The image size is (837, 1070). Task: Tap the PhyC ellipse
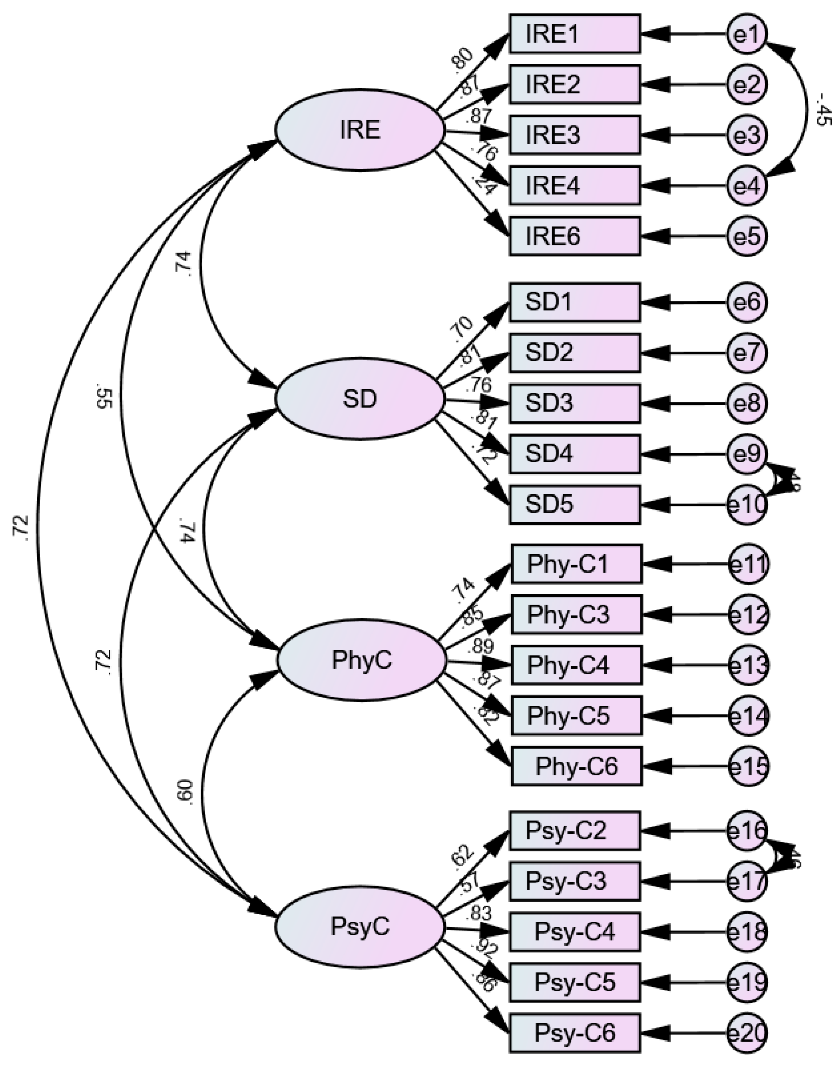coord(362,660)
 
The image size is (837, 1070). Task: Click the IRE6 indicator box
coord(575,236)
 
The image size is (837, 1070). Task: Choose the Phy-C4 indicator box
coord(576,665)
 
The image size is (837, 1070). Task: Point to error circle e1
coord(746,34)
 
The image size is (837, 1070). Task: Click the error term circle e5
coord(746,236)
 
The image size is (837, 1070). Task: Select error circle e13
coord(748,665)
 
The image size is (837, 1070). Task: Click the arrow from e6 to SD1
coord(686,302)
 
